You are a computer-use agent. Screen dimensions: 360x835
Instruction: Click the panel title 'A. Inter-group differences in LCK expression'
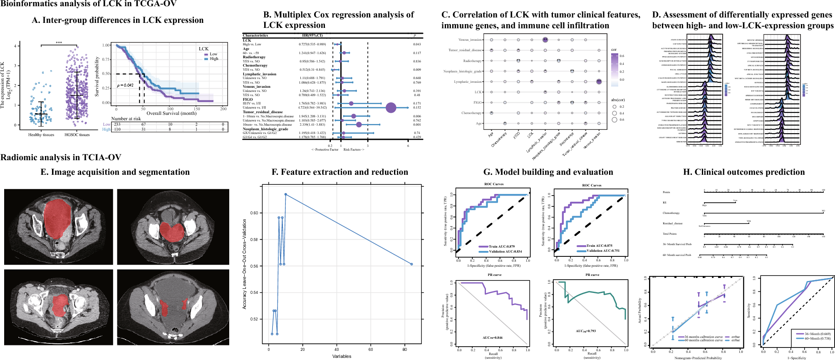(118, 20)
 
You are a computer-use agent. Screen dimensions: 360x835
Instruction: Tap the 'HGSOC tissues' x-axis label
(77, 135)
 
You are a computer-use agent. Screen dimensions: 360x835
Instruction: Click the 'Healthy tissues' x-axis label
(41, 135)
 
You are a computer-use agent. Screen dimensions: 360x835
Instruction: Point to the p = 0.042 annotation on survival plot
(125, 85)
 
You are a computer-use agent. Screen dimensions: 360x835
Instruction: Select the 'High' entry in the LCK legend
(213, 59)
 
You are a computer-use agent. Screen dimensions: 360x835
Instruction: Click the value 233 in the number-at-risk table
(117, 124)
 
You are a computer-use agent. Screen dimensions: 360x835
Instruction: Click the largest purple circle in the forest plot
(391, 108)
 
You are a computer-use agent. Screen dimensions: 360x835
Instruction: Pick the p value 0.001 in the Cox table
(417, 124)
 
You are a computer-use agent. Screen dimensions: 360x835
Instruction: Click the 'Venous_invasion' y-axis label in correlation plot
(470, 40)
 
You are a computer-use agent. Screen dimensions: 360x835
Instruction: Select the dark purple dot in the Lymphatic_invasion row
(599, 82)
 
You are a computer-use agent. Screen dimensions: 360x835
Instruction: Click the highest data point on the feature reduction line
(285, 194)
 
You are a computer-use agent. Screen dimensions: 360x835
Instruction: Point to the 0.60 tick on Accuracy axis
(254, 213)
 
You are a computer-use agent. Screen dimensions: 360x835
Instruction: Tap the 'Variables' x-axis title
(342, 356)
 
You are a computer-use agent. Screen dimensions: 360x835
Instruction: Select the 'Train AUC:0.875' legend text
(599, 246)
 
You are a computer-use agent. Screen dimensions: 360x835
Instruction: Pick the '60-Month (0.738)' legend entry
(817, 338)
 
